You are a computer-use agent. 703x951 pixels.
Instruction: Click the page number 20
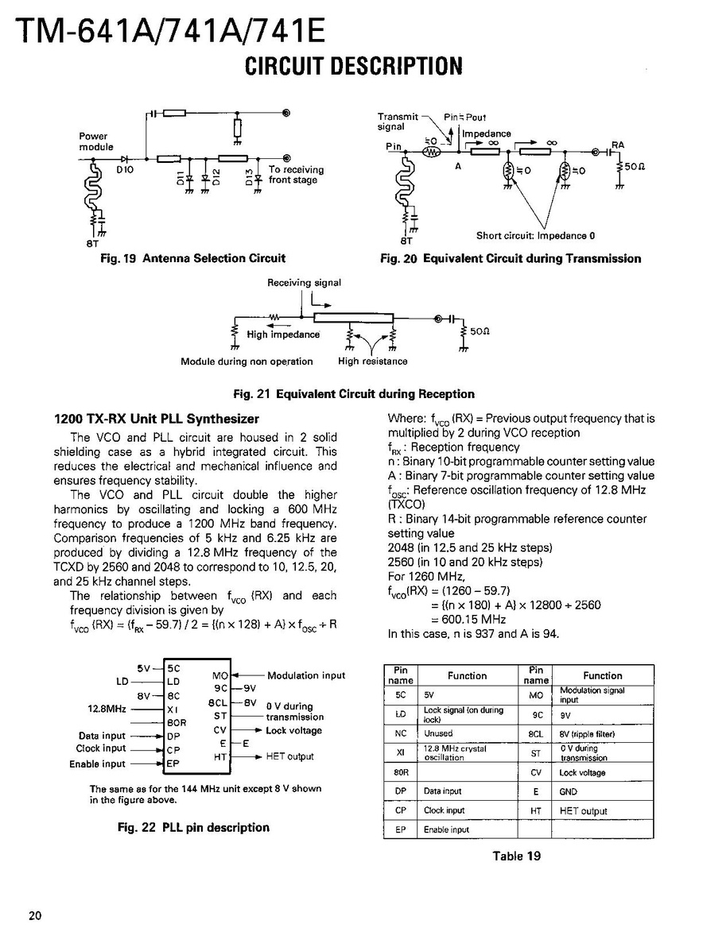(35, 915)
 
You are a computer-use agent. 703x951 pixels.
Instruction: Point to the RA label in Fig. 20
(618, 145)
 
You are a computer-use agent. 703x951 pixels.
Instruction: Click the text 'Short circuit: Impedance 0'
(535, 235)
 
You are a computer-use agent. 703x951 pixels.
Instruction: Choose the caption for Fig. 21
(353, 394)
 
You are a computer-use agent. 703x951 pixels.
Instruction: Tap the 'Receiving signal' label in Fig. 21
(304, 282)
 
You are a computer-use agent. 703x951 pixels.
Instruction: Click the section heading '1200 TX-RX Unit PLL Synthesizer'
(156, 419)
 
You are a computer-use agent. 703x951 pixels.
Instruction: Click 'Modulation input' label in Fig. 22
(306, 675)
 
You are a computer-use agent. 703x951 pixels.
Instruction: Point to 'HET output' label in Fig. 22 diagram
(289, 756)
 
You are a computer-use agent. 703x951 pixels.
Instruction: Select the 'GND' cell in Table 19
(568, 792)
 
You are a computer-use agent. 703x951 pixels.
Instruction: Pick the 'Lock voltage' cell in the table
(582, 772)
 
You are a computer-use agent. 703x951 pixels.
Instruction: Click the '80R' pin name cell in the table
(401, 772)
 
